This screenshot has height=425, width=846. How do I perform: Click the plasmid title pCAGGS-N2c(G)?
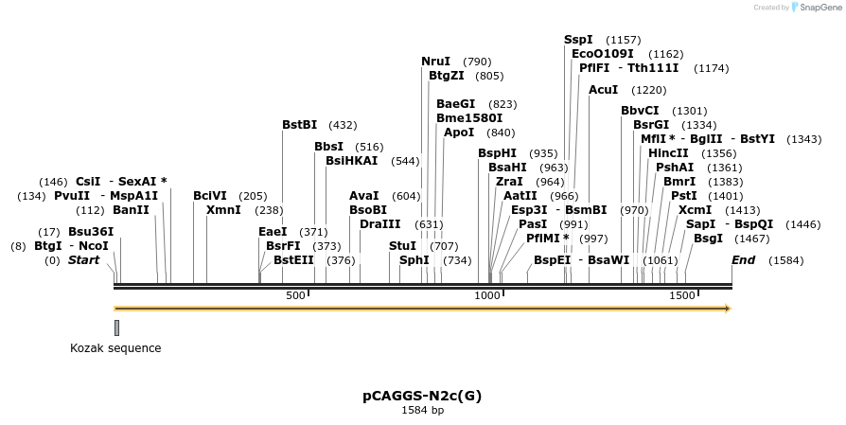422,396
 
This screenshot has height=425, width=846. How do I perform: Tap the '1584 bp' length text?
422,411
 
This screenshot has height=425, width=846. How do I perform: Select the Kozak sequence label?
115,348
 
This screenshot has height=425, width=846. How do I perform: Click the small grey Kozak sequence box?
116,328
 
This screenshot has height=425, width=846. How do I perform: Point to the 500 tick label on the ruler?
296,295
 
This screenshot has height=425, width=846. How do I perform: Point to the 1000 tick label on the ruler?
487,295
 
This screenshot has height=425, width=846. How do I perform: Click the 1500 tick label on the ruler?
682,295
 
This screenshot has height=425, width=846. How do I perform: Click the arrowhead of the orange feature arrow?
726,309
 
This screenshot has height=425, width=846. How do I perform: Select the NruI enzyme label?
436,62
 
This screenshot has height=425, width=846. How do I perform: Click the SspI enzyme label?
578,40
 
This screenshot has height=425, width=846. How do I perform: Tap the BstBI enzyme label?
300,125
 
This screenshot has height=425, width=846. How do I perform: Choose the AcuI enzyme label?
603,90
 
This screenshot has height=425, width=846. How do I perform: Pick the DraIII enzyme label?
379,224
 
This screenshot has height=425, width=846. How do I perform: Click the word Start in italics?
83,259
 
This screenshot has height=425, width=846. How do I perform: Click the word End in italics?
743,259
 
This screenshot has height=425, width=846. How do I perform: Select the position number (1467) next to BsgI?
752,239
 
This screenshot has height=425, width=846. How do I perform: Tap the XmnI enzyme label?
223,210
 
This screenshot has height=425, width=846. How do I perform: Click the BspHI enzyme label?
498,153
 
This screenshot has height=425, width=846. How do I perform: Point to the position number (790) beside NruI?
477,62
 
